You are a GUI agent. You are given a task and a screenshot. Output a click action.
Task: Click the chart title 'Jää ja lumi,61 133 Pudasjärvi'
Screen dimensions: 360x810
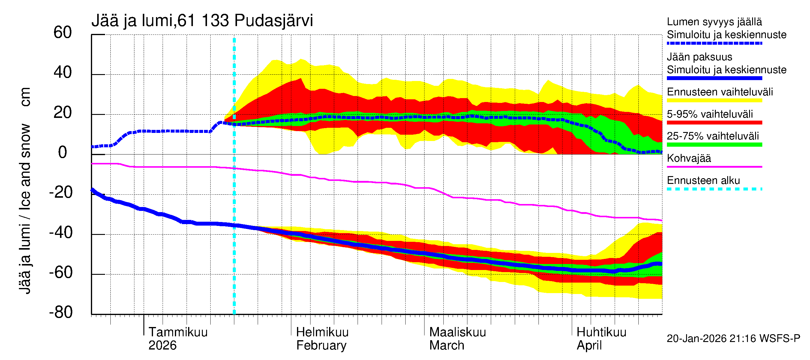coord(202,21)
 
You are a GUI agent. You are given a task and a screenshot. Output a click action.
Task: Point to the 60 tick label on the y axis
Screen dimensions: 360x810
coord(63,32)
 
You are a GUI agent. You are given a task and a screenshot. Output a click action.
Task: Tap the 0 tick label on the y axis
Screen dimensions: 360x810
coord(63,152)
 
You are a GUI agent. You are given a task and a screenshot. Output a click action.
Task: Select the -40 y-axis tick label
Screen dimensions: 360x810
coord(61,233)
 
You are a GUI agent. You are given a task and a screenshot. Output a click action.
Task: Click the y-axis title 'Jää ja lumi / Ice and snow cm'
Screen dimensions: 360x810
coord(25,190)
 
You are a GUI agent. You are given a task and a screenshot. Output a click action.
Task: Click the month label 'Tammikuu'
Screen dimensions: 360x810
coord(178,332)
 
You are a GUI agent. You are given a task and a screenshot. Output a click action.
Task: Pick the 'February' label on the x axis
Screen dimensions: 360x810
coord(321,346)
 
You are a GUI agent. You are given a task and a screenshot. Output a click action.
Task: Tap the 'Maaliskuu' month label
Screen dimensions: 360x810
coord(457,332)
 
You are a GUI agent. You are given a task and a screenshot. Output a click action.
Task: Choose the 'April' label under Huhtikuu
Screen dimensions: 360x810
coord(589,346)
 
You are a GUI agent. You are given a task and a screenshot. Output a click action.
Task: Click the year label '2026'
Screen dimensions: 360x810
coord(162,346)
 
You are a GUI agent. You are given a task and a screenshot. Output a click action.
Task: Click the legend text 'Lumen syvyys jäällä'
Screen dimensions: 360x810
coord(714,22)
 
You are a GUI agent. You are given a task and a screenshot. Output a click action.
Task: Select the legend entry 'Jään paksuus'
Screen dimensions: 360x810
coord(699,57)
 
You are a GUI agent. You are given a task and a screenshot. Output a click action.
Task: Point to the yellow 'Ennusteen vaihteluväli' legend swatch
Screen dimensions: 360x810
coord(714,100)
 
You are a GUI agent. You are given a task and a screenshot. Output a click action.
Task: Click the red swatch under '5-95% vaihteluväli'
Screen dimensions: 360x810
coord(714,123)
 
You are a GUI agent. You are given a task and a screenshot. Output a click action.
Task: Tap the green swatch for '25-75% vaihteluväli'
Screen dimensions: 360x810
coord(714,145)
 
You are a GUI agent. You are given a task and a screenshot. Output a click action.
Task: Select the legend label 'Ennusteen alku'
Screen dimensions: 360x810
coord(703,181)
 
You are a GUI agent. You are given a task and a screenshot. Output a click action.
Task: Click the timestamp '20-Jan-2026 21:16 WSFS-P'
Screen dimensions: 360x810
coord(733,339)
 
